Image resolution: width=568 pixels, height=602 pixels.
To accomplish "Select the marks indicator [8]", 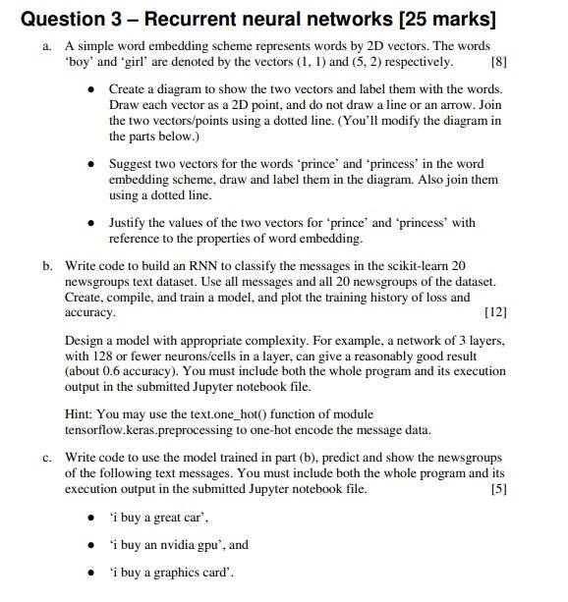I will (x=498, y=62).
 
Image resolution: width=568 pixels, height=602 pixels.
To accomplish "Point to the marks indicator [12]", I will (x=495, y=312).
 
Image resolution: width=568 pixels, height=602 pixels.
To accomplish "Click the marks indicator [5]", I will (x=497, y=488).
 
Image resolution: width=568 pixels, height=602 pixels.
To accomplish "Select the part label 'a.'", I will (x=47, y=46).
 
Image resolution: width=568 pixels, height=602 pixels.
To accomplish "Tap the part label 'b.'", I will (x=47, y=265).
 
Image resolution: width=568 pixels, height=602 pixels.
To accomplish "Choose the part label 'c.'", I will (x=47, y=457).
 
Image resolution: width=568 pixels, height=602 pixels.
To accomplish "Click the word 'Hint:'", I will (x=81, y=414).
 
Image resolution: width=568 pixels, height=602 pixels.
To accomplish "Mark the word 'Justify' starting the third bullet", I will (x=128, y=223).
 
